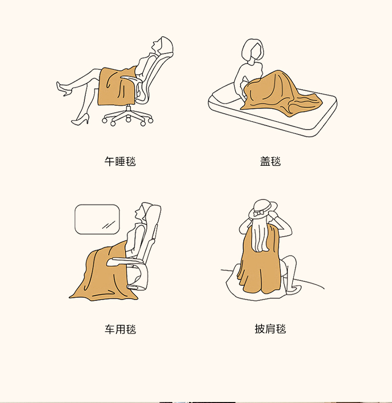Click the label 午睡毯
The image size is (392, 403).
pos(120,161)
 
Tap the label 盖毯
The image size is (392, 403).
pos(270,161)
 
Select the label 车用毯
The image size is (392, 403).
pos(120,329)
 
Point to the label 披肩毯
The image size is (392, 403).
pos(270,329)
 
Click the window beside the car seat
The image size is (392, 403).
pos(97,219)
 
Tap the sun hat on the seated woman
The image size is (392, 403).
pos(262,208)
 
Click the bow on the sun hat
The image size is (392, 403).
pos(258,213)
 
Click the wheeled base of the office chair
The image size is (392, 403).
pos(128,116)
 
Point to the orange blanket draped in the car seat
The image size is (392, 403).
pos(105,272)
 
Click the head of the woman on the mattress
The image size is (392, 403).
pos(253,51)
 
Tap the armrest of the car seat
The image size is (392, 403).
pos(126,262)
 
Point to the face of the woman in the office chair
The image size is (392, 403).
pos(156,46)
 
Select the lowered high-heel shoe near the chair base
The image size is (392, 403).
pos(80,120)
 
